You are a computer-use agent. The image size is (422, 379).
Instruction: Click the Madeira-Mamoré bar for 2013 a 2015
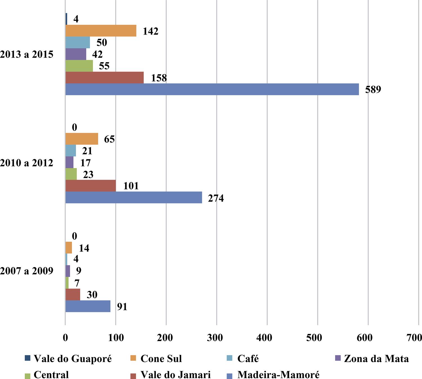point(212,89)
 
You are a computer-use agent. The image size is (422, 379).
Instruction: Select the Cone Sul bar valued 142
point(101,31)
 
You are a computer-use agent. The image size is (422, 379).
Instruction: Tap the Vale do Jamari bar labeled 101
point(91,186)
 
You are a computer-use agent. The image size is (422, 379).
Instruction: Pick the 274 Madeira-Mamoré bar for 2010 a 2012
point(134,198)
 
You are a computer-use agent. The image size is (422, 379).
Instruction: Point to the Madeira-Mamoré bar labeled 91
point(88,306)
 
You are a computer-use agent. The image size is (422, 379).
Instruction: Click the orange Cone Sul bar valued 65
point(82,139)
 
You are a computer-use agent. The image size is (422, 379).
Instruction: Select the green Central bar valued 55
point(79,66)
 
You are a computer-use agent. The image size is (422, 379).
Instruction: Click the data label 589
point(373,89)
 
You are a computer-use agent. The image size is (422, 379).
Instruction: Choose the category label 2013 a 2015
point(27,54)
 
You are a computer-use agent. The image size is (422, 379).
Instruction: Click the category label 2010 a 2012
point(27,163)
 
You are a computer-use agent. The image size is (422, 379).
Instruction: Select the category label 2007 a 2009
point(27,271)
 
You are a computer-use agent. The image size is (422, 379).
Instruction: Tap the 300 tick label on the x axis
point(216,338)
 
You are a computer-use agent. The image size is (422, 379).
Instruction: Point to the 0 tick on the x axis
point(65,338)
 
